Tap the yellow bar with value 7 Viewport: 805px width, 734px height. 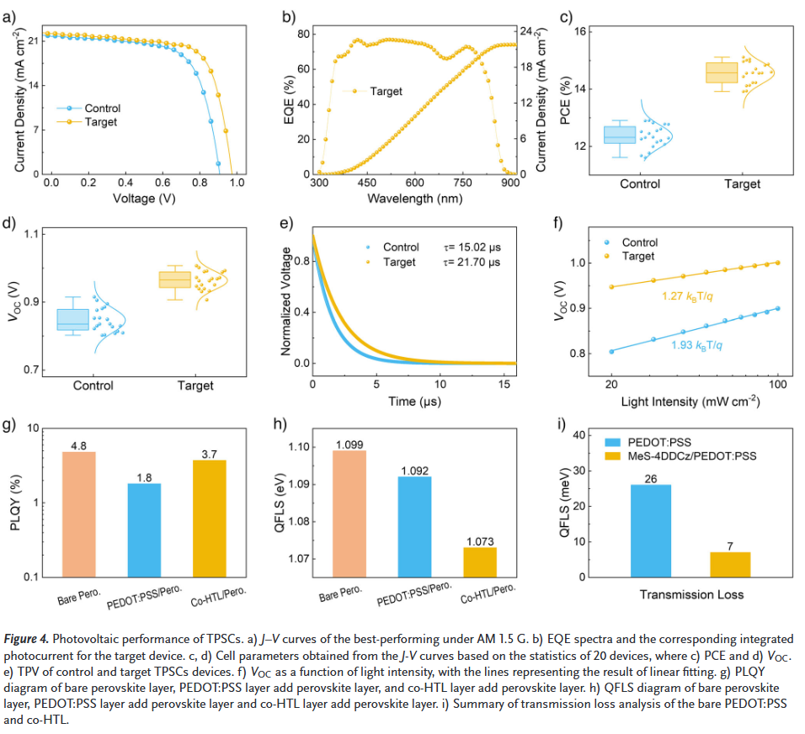click(x=730, y=564)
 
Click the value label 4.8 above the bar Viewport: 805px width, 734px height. click(x=78, y=445)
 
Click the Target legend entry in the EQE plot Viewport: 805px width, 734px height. click(x=386, y=91)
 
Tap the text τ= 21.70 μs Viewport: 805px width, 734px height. click(x=472, y=262)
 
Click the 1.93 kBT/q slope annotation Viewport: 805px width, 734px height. click(x=699, y=345)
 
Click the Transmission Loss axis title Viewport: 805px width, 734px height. click(x=690, y=594)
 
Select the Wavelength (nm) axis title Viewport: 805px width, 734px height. click(x=414, y=199)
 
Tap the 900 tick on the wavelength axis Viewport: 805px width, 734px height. click(x=509, y=183)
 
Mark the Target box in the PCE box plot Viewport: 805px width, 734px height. click(x=721, y=72)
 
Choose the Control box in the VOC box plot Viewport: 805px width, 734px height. click(x=72, y=319)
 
